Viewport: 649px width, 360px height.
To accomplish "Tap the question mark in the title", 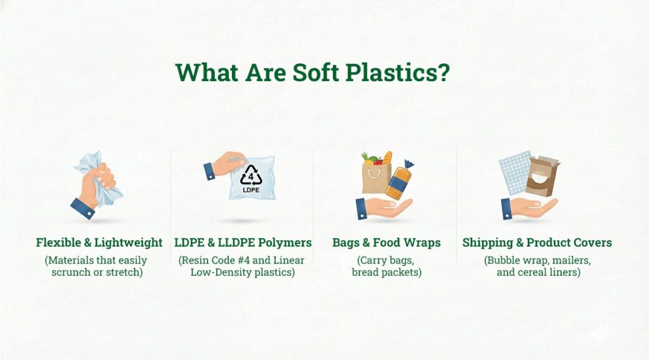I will click(443, 72).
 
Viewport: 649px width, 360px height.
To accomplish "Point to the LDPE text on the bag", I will click(250, 189).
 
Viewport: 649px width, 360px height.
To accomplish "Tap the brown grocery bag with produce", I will click(376, 177).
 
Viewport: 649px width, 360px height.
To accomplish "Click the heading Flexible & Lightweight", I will click(99, 243).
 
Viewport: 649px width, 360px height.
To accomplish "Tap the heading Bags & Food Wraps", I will click(386, 243).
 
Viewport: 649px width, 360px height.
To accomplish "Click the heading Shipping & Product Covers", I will click(537, 243).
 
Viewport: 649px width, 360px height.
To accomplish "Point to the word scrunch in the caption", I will click(72, 273).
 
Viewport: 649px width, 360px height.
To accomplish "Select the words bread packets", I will click(387, 273).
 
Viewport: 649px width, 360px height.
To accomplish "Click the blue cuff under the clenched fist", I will click(82, 208).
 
